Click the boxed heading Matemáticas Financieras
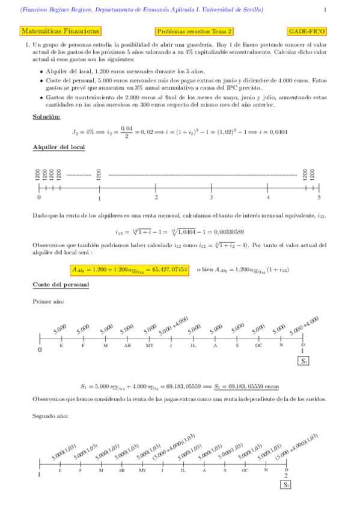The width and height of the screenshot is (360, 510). pyautogui.click(x=60, y=31)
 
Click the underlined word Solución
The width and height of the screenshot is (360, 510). pyautogui.click(x=46, y=117)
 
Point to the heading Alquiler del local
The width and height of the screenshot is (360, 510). pyautogui.click(x=58, y=147)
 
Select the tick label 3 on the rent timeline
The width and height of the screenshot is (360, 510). pyautogui.click(x=211, y=197)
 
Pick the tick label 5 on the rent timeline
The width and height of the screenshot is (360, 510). pyautogui.click(x=319, y=197)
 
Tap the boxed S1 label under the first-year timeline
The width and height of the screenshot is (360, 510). pyautogui.click(x=304, y=361)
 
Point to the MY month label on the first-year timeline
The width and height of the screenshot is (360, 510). pyautogui.click(x=149, y=346)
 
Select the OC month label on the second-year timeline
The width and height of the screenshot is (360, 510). pyautogui.click(x=245, y=470)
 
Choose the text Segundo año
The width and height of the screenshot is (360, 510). pyautogui.click(x=49, y=416)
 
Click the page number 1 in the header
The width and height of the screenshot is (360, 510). pyautogui.click(x=325, y=10)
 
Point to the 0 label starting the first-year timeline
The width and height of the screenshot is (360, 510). pyautogui.click(x=40, y=349)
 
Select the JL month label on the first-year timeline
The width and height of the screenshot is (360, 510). pyautogui.click(x=193, y=346)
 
